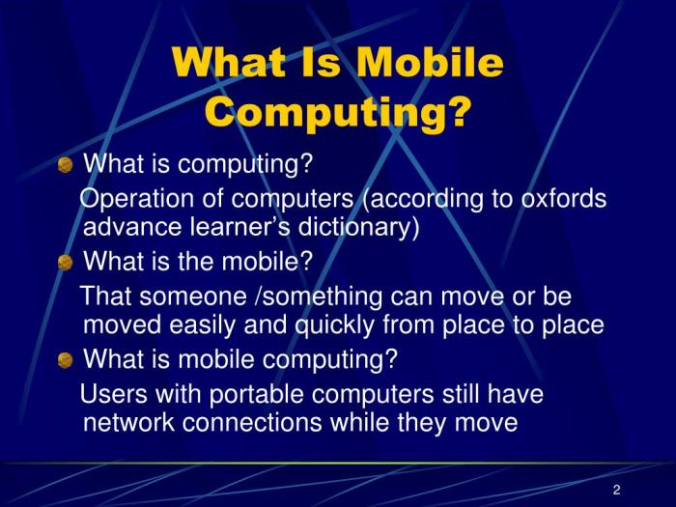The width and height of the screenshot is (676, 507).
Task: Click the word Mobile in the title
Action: tap(430, 64)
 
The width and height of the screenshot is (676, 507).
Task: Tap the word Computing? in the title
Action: tap(338, 113)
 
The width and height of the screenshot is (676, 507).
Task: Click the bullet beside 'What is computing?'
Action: tap(65, 165)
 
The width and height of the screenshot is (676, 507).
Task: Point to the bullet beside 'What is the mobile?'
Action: tap(65, 263)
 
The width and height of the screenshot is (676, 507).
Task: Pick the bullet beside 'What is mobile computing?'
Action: tap(65, 361)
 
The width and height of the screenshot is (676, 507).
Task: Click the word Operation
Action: tap(133, 199)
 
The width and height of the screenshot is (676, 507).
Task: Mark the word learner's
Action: tap(233, 228)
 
